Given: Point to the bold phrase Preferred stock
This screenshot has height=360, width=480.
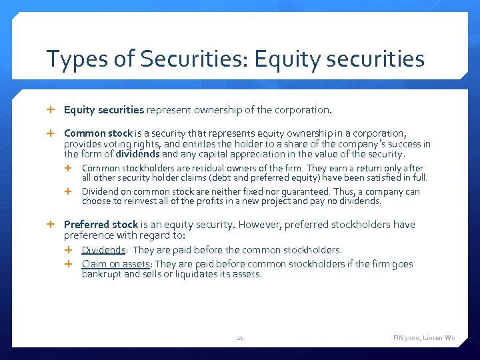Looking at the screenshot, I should pos(101,225).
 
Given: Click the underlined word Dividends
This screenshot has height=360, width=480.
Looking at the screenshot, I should pos(104,250).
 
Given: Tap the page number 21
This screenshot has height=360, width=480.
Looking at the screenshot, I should pos(240,338).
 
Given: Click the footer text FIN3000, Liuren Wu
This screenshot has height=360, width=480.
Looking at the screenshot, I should pos(424,338).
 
